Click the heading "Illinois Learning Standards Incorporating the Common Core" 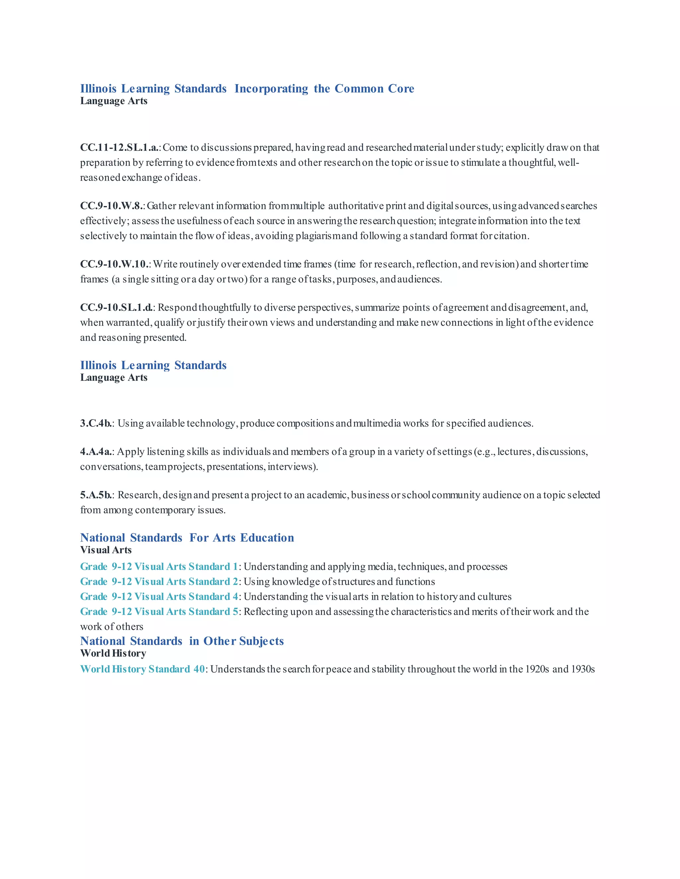click(247, 89)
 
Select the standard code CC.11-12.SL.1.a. click(120, 148)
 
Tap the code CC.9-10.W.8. click(112, 206)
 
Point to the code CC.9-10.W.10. click(115, 264)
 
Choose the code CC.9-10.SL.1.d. click(117, 308)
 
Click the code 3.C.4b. click(96, 423)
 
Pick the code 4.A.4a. click(96, 452)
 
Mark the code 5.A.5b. click(96, 495)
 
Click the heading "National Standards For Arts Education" click(187, 538)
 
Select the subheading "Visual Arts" click(106, 550)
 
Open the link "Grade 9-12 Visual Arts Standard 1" click(159, 567)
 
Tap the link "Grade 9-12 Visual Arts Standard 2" click(159, 581)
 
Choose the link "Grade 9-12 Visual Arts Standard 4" click(159, 596)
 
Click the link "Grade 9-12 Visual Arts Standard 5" click(159, 612)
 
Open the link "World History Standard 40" click(142, 669)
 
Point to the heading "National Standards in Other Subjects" click(182, 641)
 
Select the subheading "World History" click(113, 654)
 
